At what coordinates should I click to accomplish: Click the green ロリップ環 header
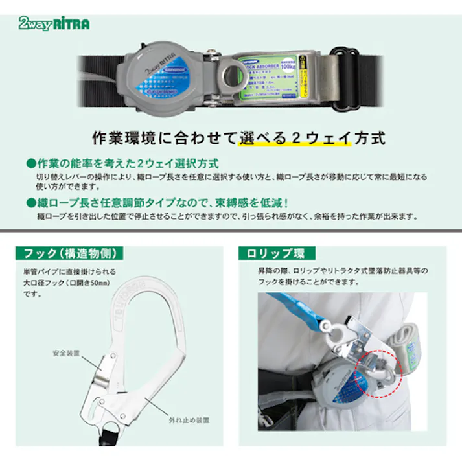[x=273, y=253]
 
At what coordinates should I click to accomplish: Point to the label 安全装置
[x=66, y=354]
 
